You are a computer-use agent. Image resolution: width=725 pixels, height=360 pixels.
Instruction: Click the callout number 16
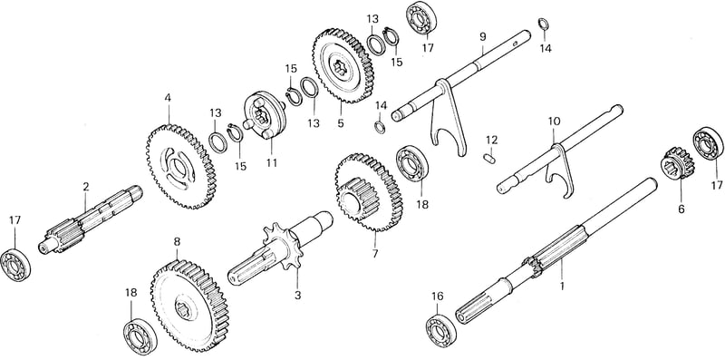[437, 297]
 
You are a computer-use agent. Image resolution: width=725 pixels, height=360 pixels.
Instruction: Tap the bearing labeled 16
[441, 329]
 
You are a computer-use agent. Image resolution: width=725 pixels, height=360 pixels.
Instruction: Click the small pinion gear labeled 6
[676, 164]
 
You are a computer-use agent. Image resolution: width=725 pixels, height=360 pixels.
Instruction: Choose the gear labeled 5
[343, 66]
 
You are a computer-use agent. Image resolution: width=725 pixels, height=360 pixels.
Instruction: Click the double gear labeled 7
[369, 192]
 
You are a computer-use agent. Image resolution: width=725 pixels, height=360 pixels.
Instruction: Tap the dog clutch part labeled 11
[265, 115]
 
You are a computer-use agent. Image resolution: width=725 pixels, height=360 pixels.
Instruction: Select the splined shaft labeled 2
[91, 219]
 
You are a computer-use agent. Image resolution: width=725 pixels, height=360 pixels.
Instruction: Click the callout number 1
[562, 287]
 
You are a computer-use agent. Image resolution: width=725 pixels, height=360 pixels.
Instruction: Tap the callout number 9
[483, 36]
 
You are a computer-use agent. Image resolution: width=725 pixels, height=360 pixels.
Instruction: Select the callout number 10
[554, 122]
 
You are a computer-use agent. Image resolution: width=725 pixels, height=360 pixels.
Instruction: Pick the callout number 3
[297, 295]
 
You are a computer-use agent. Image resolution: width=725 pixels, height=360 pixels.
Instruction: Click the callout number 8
[177, 241]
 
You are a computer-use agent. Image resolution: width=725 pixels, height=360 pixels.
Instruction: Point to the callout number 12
[491, 140]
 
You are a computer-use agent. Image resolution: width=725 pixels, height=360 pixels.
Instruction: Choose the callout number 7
[375, 254]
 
